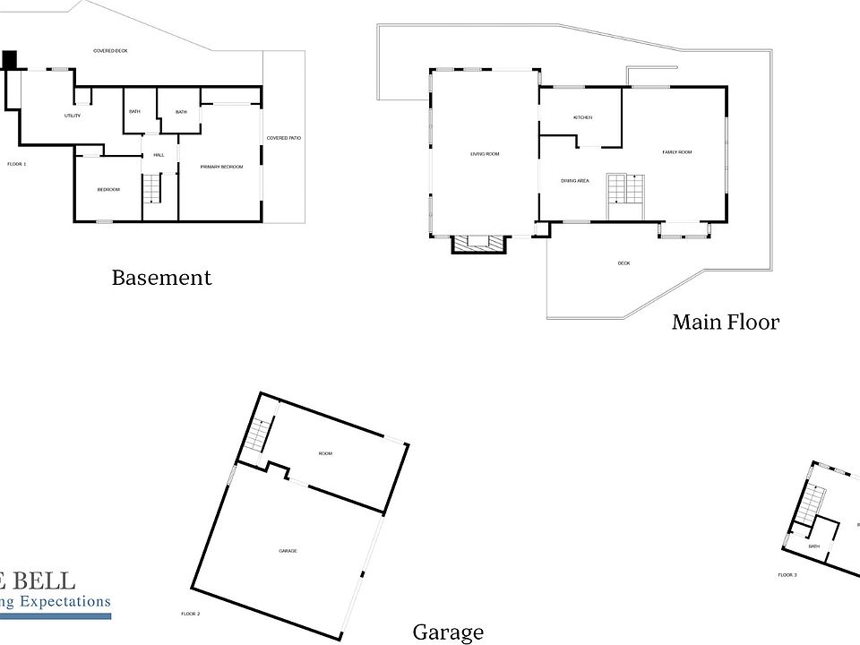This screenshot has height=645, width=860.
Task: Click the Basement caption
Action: (x=161, y=278)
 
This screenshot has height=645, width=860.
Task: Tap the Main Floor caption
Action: (x=726, y=322)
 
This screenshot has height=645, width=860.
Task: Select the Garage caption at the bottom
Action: (x=448, y=632)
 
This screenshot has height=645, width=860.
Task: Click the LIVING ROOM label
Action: (x=485, y=154)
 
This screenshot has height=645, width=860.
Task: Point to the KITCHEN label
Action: (x=583, y=118)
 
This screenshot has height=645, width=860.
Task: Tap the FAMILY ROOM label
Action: (x=677, y=152)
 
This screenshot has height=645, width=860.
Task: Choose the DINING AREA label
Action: (x=574, y=181)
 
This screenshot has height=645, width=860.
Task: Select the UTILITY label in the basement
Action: (x=73, y=116)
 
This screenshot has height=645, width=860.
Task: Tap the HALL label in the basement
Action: (x=159, y=155)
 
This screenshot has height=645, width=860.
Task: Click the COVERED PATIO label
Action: (x=284, y=138)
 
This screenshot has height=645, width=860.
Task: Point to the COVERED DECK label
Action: (x=110, y=51)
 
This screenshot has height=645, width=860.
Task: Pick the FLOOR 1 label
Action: (x=17, y=164)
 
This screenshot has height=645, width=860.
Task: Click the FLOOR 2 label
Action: (x=190, y=614)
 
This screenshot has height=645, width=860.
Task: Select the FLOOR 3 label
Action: (x=787, y=574)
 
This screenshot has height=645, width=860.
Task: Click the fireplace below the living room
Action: (x=477, y=242)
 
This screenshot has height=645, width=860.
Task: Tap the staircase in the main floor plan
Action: (x=625, y=189)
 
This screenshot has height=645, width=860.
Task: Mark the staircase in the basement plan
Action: (x=152, y=189)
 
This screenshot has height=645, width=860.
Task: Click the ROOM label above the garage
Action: (x=325, y=453)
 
